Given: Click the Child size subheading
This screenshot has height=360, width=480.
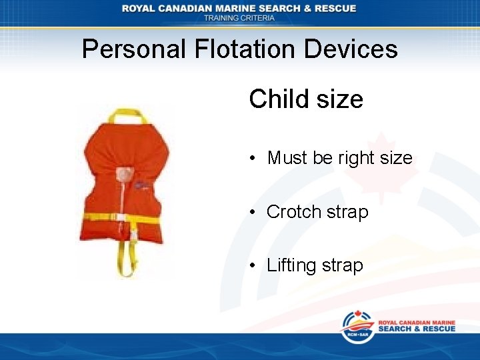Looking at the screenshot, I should coord(306,99).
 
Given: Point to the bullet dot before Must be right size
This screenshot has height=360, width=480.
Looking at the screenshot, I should coord(253,159).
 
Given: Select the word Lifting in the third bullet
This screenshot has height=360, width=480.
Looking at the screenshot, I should coord(291,265).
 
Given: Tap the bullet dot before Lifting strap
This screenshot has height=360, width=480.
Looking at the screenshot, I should coord(253,265).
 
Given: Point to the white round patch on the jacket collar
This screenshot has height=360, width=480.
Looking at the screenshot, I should coord(123,175).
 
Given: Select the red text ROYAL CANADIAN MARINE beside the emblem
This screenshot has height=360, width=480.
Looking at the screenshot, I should coord(417,323).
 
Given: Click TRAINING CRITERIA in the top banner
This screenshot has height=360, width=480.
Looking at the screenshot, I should coord(239,18).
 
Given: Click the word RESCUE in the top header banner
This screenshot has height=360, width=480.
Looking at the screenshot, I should coord(333,8).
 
